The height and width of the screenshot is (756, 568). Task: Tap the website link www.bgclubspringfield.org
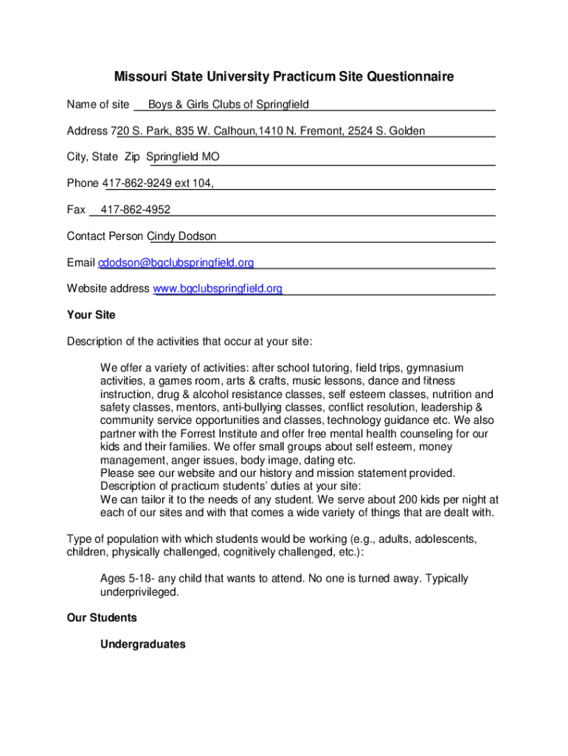218,289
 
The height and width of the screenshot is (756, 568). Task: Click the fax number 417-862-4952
135,210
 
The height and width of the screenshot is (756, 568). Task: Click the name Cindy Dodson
183,236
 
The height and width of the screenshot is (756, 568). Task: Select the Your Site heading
91,315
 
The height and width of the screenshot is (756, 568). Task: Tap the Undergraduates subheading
143,645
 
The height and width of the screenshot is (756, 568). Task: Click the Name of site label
98,104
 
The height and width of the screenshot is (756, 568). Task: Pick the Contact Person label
106,236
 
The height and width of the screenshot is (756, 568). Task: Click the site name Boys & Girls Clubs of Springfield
228,104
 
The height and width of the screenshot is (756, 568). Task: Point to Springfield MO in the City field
182,157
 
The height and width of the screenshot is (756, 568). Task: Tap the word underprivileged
139,592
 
